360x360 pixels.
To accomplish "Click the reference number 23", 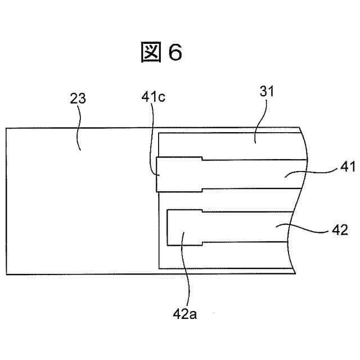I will [x=78, y=98].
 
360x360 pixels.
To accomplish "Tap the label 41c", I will [x=153, y=98].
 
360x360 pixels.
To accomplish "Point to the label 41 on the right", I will [x=348, y=167].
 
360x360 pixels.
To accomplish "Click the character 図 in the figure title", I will [x=151, y=53].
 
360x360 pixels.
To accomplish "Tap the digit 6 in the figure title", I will [x=175, y=53].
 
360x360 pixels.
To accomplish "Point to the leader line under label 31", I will [x=260, y=121].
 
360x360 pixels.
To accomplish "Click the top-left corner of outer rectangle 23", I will [x=6, y=128].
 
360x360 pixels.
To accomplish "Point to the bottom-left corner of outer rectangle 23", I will [x=6, y=274].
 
